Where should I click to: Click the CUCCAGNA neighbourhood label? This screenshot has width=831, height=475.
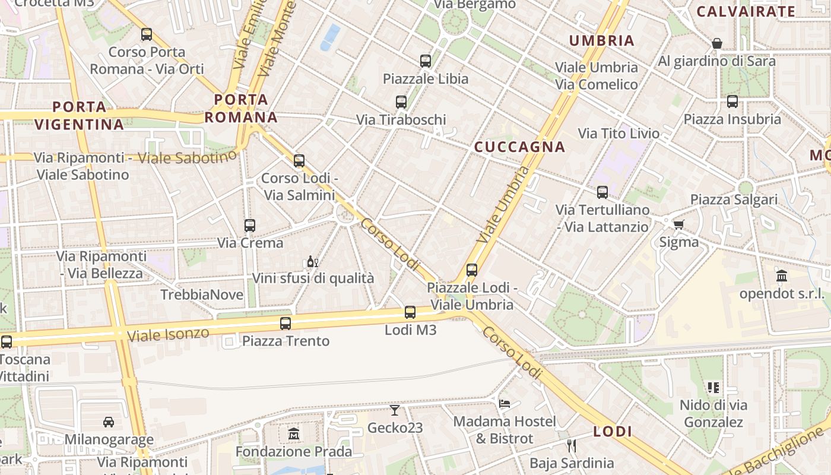point(519,147)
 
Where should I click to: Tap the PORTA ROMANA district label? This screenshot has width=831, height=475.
point(242,108)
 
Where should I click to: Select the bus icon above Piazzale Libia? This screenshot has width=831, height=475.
point(425,61)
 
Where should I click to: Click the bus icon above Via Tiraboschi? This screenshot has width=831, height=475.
point(401,102)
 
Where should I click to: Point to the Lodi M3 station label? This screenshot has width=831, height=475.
point(411,330)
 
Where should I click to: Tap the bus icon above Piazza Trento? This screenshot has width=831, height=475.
point(286,324)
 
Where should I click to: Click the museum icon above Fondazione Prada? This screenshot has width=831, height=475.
point(294,434)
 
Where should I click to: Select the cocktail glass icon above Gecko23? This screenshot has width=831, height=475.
point(395,410)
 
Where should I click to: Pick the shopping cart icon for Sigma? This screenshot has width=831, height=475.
point(678,224)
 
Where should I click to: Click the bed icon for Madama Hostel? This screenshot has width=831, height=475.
point(505,404)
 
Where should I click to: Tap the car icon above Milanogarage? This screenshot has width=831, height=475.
point(109,422)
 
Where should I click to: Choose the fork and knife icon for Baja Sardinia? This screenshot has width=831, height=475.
point(572,445)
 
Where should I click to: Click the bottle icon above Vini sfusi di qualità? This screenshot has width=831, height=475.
point(313,261)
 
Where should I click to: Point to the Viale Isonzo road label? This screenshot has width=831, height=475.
point(169,334)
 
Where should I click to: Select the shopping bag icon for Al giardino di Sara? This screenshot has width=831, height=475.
point(716,43)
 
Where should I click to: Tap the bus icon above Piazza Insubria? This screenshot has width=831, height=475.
point(732,102)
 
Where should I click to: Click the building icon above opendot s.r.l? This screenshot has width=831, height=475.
point(782,276)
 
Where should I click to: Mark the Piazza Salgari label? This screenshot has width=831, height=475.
point(734,199)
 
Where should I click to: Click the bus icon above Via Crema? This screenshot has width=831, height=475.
point(250,226)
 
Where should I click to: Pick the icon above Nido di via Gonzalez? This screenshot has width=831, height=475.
point(713,388)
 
